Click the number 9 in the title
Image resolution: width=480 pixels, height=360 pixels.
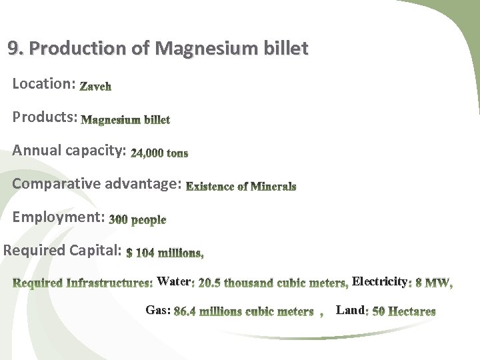coord(13,49)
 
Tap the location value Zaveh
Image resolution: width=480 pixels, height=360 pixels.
coord(95,86)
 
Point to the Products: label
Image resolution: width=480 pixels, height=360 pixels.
coord(45,117)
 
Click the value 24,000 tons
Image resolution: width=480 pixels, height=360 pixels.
coord(159,153)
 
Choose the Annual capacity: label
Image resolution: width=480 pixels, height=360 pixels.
coord(69,150)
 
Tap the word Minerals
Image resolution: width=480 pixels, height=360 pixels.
coord(272,187)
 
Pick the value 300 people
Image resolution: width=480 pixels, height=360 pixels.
coord(137,219)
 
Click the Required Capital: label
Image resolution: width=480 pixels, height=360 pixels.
coord(63,251)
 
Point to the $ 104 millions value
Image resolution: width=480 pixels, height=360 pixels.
coord(165,253)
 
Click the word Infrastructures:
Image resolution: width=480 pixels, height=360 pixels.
coord(109,283)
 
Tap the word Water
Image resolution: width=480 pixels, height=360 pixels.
coord(174,282)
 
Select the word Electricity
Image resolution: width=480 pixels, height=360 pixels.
coord(379,281)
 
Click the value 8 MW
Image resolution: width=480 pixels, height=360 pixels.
coord(433,283)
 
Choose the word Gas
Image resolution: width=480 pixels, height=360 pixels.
coord(157,311)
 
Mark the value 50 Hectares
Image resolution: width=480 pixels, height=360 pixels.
coord(403,311)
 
